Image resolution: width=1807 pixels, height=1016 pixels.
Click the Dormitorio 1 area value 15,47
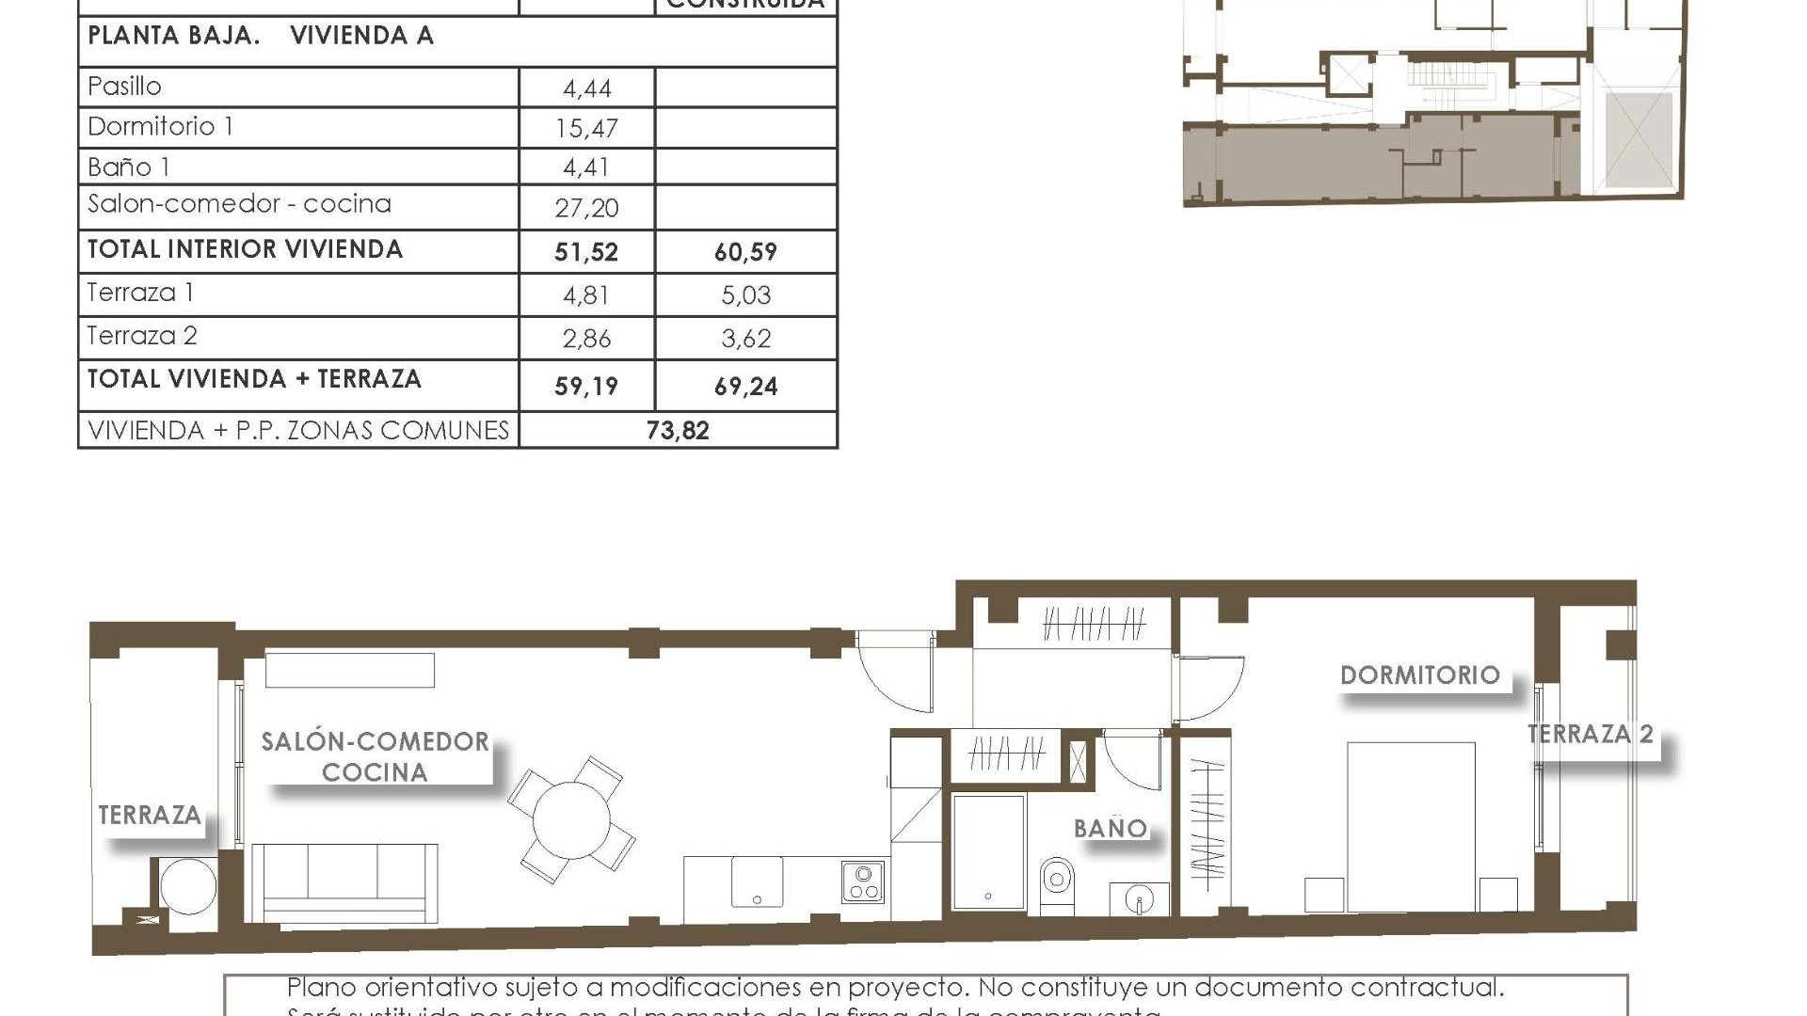[586, 128]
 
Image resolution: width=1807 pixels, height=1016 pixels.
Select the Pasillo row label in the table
[124, 87]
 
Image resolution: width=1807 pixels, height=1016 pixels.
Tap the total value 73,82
[678, 430]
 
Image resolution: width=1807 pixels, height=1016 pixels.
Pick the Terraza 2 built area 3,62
[745, 339]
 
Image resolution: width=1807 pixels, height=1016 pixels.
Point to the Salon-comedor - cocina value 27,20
[586, 208]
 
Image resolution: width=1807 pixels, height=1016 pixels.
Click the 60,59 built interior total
[745, 252]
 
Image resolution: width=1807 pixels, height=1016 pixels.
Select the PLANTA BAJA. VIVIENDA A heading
[260, 36]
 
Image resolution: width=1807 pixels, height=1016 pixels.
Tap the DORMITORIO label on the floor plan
[1419, 675]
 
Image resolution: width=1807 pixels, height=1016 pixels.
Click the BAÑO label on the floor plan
[1111, 829]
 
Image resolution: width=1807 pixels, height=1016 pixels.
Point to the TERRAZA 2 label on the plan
[1590, 734]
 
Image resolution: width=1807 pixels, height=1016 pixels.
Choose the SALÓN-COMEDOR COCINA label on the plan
[375, 756]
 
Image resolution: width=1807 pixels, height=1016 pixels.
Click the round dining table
[571, 819]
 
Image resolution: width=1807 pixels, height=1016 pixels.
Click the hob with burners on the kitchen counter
[862, 881]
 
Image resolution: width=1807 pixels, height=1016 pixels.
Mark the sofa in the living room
[344, 882]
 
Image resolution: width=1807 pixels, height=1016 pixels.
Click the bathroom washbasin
[1139, 898]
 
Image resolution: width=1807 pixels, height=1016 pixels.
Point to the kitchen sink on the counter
[757, 881]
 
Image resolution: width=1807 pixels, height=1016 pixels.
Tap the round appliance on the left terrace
[187, 885]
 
